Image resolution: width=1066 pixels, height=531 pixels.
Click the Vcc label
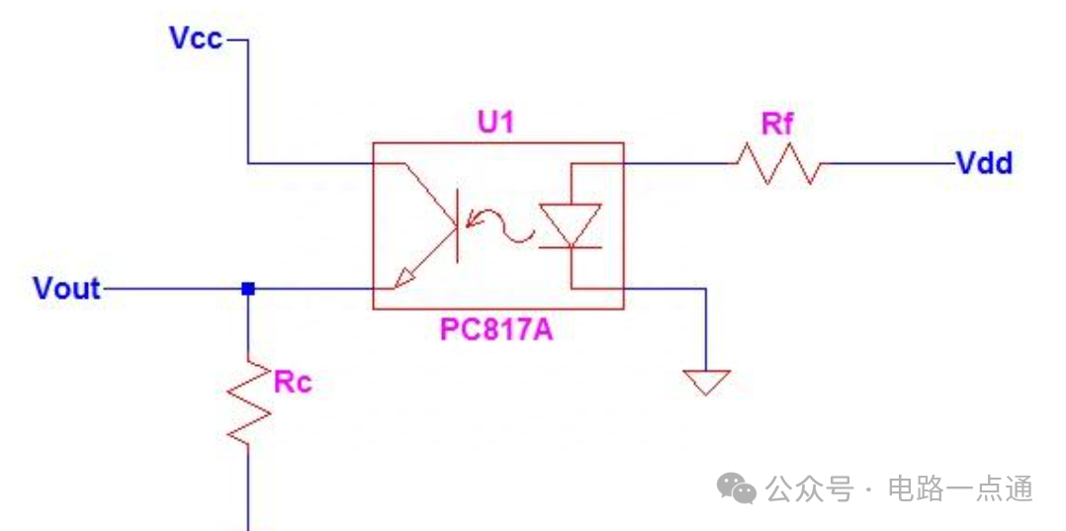coord(196,40)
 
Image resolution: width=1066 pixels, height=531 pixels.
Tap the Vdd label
coord(984,163)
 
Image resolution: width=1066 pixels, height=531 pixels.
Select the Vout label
coord(66,289)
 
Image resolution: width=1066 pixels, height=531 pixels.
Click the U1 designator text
coord(496,124)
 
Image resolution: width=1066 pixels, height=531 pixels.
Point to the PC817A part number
coord(496,329)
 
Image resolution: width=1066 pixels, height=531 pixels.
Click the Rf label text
coord(777,125)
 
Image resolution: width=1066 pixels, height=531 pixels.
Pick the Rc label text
coord(293,383)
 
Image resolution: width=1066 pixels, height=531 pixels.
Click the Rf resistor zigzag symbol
coord(777,163)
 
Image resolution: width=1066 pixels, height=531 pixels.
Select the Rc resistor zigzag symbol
coord(248,401)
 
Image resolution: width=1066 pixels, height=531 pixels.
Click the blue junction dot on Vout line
coord(248,289)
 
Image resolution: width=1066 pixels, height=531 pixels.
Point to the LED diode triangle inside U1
coord(571,223)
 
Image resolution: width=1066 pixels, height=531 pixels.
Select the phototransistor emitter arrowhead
coord(402,279)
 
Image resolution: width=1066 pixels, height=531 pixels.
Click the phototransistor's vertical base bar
coord(456,225)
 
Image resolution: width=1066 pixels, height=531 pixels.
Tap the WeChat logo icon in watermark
coord(737,487)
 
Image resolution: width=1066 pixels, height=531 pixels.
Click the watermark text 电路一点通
coord(960,488)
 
